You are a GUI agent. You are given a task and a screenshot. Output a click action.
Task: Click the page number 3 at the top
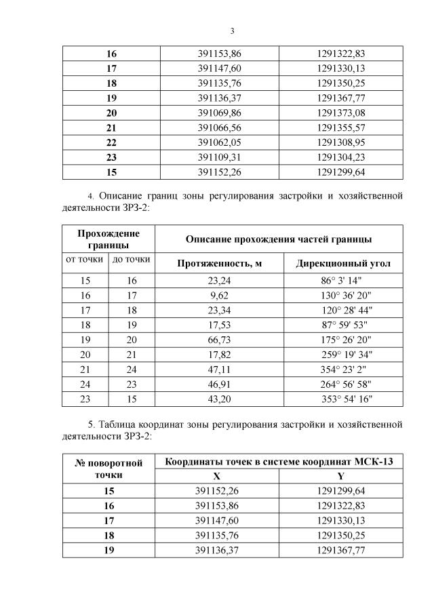[x=232, y=31]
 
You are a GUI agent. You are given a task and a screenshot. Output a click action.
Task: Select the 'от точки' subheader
[x=84, y=259]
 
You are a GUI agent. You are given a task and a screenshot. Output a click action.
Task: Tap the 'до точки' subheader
[x=132, y=259]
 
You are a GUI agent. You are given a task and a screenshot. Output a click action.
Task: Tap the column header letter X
[x=216, y=477]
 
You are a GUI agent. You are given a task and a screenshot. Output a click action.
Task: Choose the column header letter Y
[x=341, y=477]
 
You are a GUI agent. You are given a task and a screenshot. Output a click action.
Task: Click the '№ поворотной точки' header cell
[x=108, y=469]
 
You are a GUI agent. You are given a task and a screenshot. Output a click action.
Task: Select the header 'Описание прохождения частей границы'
[x=278, y=239]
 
